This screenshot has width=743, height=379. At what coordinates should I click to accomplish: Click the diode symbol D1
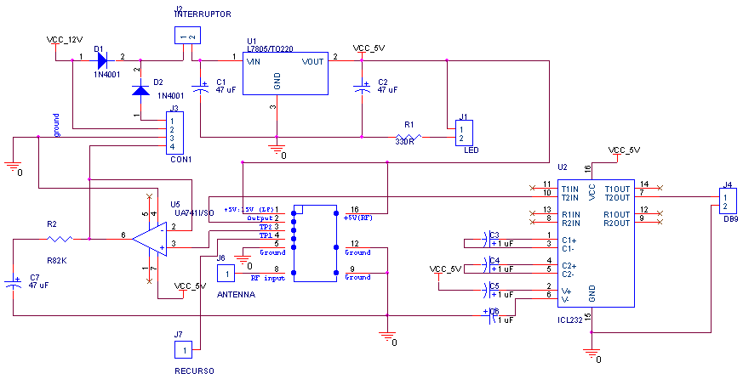point(102,60)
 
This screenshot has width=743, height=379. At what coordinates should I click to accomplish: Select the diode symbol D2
point(140,89)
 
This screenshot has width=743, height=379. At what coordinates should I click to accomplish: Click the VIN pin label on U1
point(254,62)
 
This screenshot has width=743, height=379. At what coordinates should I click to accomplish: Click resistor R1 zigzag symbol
point(409,136)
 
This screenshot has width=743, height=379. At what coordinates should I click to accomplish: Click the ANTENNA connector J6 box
point(226,273)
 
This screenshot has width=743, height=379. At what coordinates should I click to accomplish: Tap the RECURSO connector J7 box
point(184,348)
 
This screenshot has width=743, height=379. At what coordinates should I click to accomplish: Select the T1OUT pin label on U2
point(617,189)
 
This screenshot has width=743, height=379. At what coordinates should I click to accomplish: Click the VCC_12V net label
point(65,40)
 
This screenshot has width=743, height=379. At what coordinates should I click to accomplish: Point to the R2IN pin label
point(570,223)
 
